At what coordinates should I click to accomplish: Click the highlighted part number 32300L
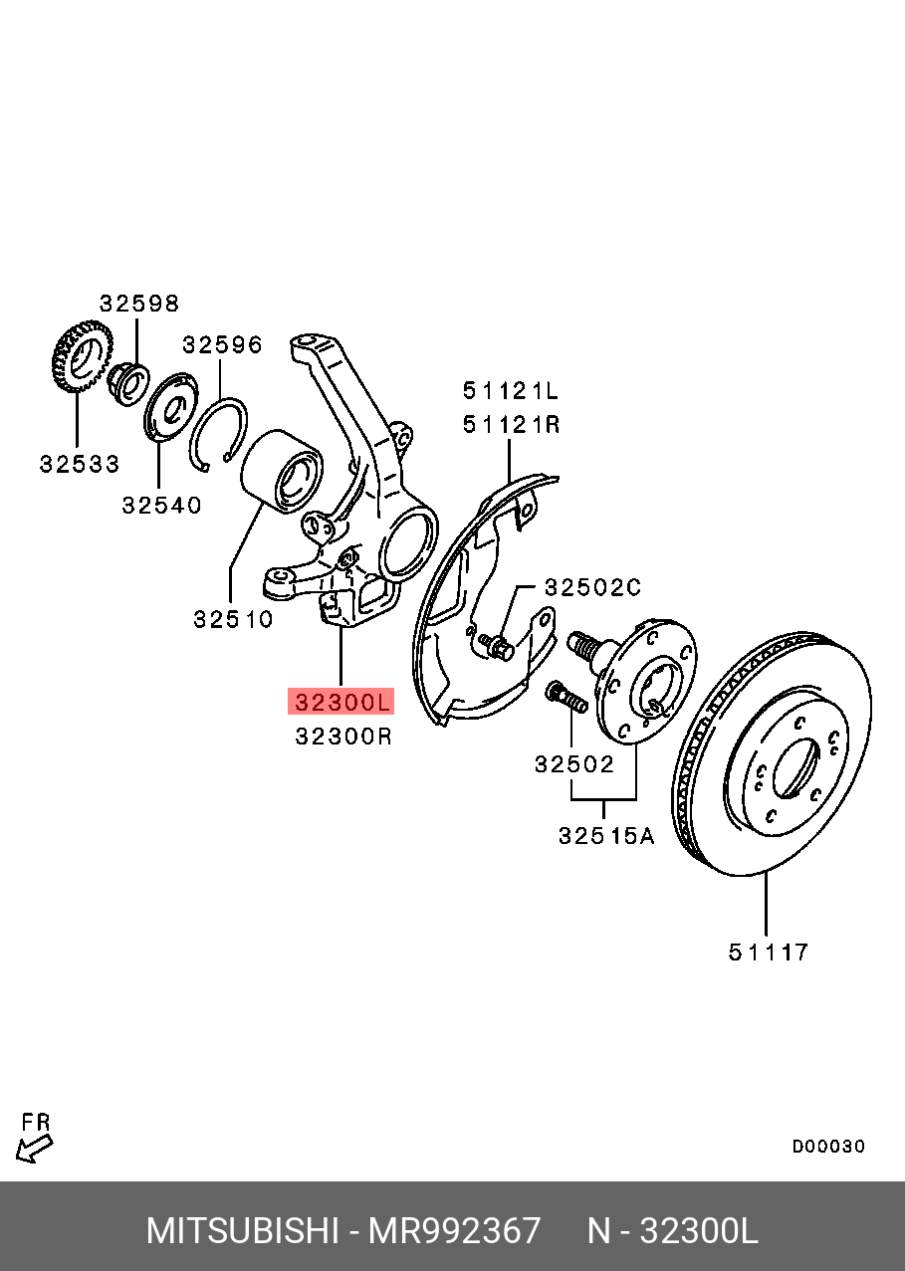click(x=341, y=702)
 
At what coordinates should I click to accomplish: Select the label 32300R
click(x=343, y=737)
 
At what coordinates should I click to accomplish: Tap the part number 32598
click(x=139, y=304)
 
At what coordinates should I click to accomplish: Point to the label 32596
click(x=222, y=344)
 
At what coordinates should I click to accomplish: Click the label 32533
click(x=80, y=464)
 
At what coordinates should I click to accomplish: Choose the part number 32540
click(x=161, y=505)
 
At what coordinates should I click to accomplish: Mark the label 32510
click(x=233, y=619)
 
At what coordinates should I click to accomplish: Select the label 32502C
click(x=592, y=587)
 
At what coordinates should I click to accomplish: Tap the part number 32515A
click(x=605, y=836)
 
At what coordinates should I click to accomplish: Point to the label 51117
click(x=768, y=953)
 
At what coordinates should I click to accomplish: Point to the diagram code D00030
click(x=828, y=1147)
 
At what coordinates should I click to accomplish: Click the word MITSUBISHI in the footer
click(x=242, y=1231)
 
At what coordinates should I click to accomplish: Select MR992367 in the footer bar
click(x=454, y=1231)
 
